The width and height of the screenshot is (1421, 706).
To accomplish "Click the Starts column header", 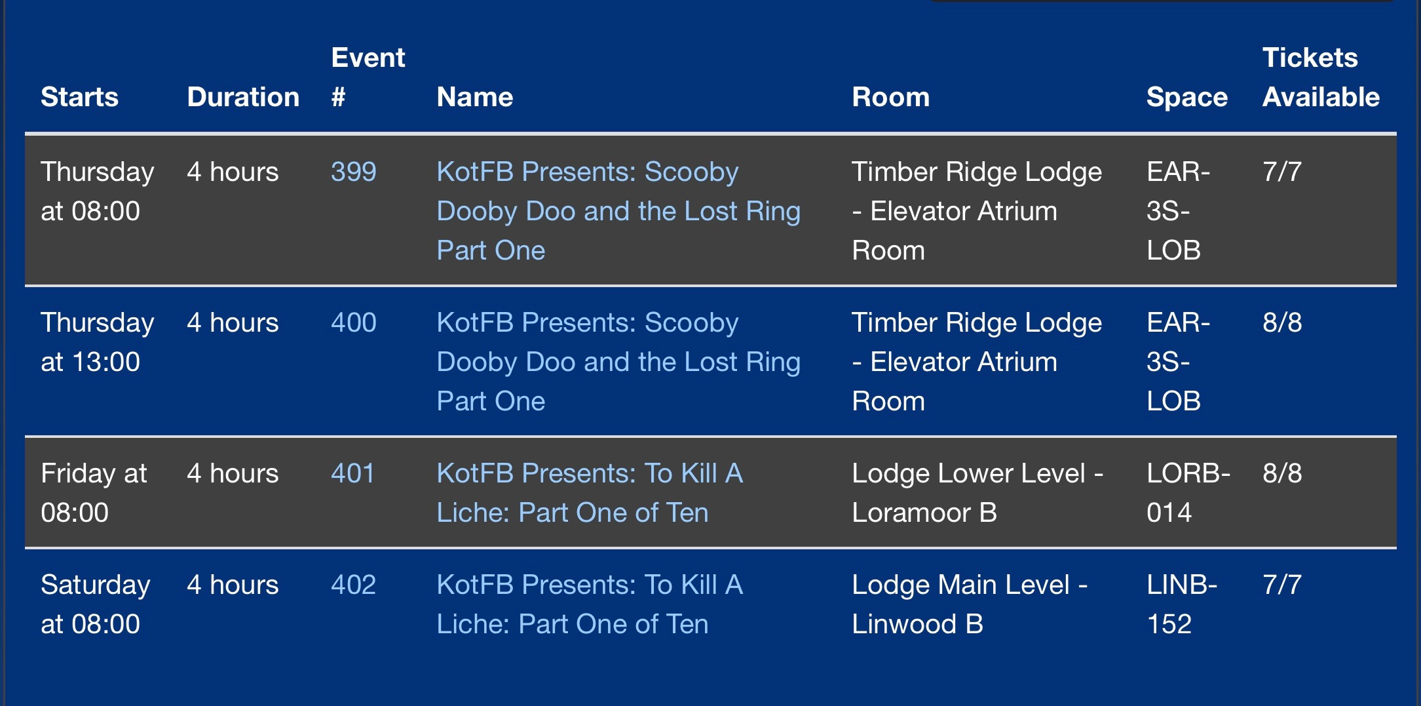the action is click(79, 97).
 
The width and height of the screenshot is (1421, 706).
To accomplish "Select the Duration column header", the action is click(243, 97).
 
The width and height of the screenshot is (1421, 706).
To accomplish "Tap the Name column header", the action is click(475, 97).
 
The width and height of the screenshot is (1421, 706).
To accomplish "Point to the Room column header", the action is click(891, 97).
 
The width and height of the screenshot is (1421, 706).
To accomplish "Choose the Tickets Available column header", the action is click(1321, 77).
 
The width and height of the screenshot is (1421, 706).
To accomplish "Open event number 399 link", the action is click(354, 172).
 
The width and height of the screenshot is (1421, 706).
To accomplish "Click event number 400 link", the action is click(354, 323).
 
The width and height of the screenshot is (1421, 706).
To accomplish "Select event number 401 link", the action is click(353, 473).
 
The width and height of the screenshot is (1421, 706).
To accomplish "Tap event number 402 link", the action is click(354, 585).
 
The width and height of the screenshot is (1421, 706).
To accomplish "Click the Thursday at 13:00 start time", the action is click(98, 342).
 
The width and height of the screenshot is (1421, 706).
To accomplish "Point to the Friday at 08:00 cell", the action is click(94, 493).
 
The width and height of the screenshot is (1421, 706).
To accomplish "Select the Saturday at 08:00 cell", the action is click(96, 604).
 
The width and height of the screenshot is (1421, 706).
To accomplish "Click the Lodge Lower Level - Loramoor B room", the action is click(977, 493).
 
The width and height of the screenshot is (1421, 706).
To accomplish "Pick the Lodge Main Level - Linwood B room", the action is click(970, 604).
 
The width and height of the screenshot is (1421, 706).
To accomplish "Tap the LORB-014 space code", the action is click(1188, 493).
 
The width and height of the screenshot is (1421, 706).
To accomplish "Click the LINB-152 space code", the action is click(1182, 604).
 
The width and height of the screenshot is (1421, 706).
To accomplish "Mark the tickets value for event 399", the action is click(1282, 172).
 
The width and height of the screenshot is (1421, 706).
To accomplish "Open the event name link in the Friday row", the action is click(590, 493).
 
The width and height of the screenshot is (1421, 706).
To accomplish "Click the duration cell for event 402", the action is click(233, 585).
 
